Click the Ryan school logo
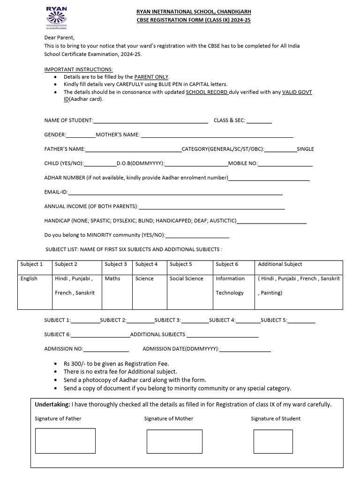point(56,18)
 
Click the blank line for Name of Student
point(150,121)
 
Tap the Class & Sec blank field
point(259,121)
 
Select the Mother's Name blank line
point(217,135)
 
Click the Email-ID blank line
point(175,193)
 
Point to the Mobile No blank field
point(285,164)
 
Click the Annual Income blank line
point(212,207)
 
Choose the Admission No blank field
point(106,349)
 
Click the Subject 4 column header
point(147,264)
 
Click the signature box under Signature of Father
point(65,441)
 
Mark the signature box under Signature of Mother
point(174,441)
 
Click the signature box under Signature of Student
point(273,441)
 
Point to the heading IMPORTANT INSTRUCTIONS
point(78,69)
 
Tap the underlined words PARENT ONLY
point(151,77)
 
